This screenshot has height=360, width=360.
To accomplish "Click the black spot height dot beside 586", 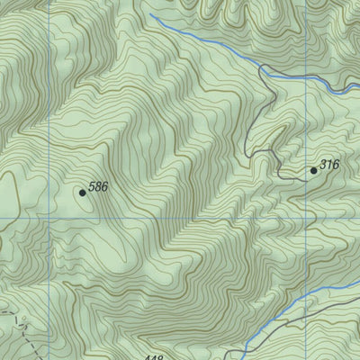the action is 83,192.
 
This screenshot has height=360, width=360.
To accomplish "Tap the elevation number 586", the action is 99,186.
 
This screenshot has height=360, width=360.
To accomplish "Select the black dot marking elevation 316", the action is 314,170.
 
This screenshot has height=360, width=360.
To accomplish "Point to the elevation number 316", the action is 330,165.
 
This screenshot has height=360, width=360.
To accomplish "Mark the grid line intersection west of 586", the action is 49,218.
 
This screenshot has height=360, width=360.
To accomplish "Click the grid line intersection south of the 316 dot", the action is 303,218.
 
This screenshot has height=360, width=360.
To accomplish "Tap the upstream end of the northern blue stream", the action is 149,15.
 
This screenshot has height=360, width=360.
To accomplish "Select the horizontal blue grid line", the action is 180,218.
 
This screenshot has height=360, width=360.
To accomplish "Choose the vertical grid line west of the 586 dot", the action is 49,117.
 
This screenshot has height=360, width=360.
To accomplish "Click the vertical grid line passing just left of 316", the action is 303,126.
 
